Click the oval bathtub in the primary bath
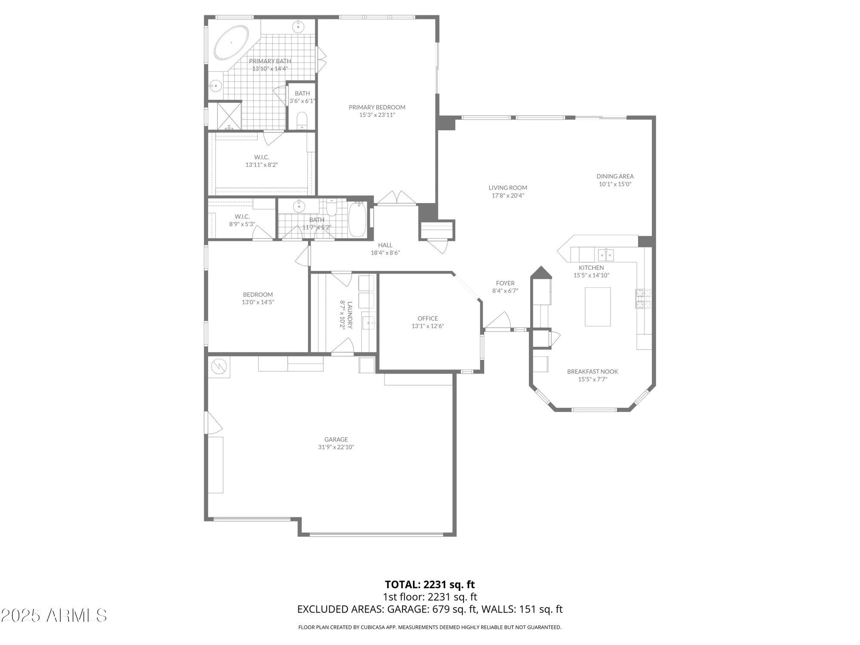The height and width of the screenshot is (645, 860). click(x=231, y=43)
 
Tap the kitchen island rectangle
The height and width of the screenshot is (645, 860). click(x=597, y=307)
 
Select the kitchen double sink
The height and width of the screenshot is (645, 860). click(x=606, y=255)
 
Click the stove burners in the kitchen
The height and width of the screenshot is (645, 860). click(x=644, y=299)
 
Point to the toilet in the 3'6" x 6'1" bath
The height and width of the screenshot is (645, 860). click(x=302, y=121)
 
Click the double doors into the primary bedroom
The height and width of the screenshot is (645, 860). click(x=397, y=198)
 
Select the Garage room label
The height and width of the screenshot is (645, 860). click(x=336, y=439)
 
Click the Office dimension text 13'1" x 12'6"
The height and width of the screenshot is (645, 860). click(x=427, y=326)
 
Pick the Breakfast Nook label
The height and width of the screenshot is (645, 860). click(x=592, y=372)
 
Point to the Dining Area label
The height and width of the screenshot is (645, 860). click(x=615, y=176)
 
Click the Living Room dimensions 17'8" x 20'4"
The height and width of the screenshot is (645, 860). click(x=508, y=195)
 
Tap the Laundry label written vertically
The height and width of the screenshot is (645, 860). click(x=350, y=315)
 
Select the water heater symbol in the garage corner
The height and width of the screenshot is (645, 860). click(x=219, y=366)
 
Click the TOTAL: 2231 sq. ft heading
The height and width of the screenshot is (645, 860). click(x=430, y=584)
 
